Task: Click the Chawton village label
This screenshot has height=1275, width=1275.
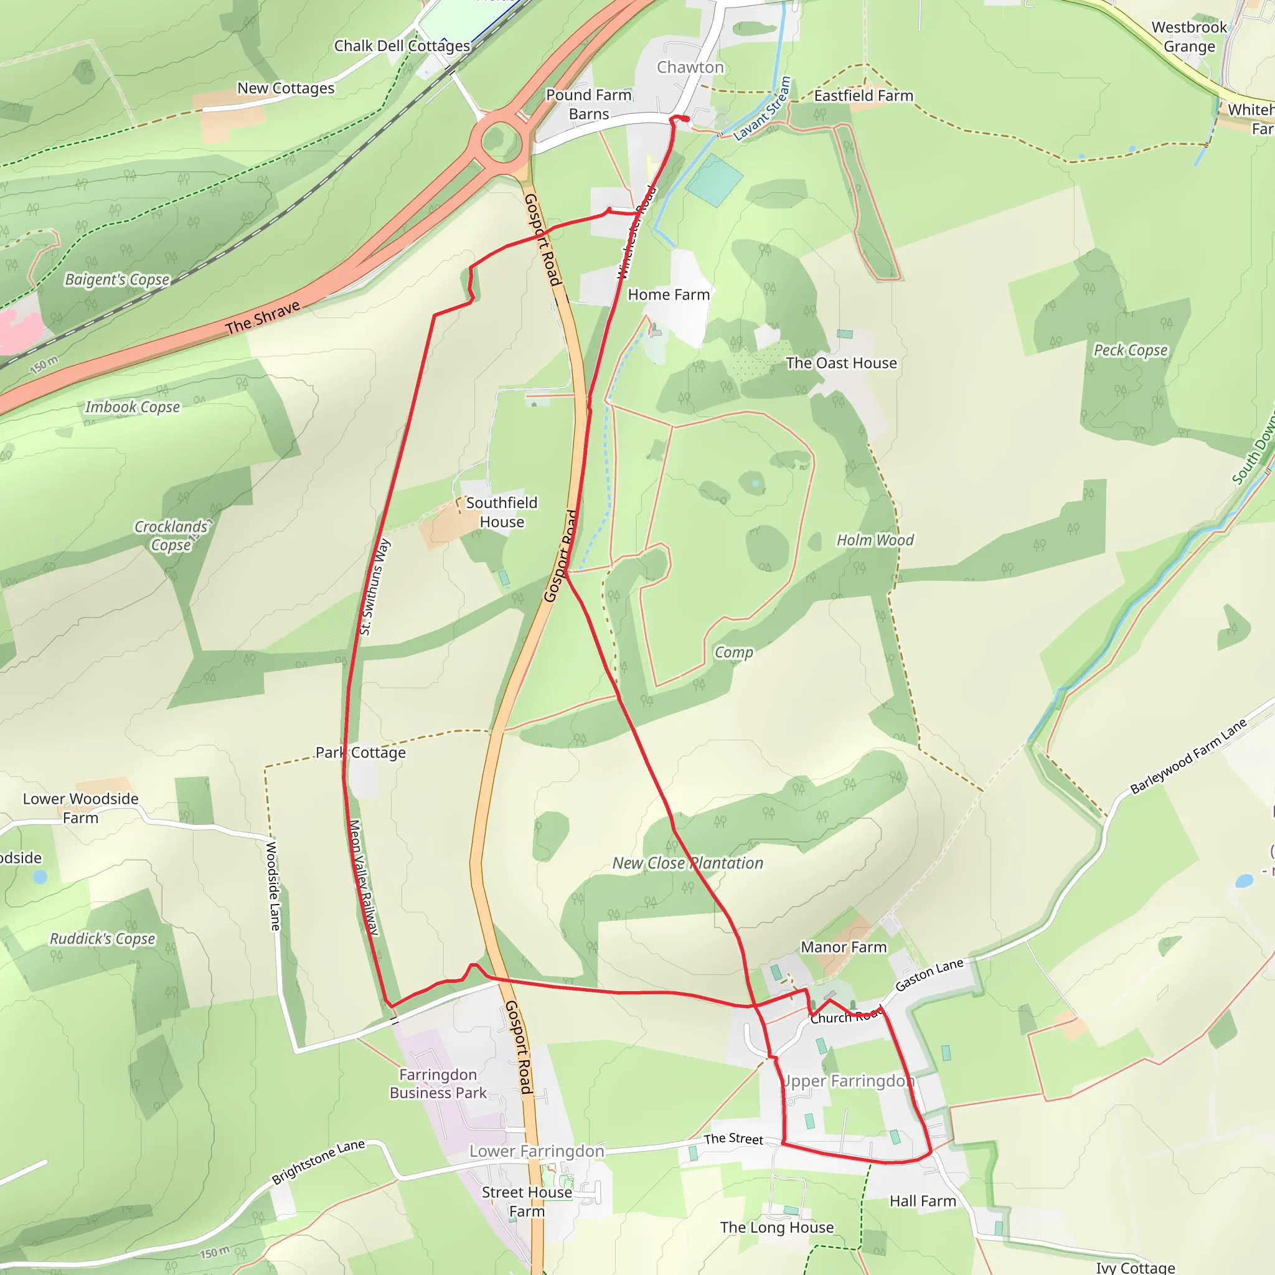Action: [690, 67]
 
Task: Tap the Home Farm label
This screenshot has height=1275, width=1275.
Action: [669, 294]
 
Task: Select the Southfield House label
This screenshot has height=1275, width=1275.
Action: [502, 512]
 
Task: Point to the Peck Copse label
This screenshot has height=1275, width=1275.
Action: [1131, 351]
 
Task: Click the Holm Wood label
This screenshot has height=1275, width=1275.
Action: [875, 540]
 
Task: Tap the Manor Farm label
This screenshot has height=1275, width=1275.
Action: [844, 947]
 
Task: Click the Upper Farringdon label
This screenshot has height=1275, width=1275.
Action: [847, 1080]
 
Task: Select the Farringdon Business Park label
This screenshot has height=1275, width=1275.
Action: [438, 1084]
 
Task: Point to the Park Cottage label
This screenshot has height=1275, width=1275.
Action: [360, 752]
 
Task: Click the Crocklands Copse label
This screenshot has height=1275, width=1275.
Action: [171, 535]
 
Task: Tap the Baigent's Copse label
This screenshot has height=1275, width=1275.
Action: [118, 279]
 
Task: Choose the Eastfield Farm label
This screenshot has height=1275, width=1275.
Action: [863, 96]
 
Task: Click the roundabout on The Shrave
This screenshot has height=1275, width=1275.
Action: [502, 141]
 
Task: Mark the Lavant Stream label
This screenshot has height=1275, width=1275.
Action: [763, 109]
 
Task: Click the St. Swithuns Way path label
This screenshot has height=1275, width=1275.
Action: [375, 586]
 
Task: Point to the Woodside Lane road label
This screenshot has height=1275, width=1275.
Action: [273, 886]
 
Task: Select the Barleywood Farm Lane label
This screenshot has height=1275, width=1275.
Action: [1188, 756]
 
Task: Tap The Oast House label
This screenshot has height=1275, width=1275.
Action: [842, 363]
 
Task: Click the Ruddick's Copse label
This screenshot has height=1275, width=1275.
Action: [103, 938]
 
